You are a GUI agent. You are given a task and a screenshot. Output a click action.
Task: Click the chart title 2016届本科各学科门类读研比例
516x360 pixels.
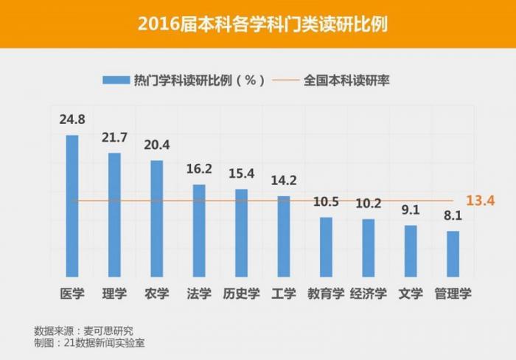[x=258, y=24]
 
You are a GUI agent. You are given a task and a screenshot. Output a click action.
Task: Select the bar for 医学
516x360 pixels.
[x=72, y=207]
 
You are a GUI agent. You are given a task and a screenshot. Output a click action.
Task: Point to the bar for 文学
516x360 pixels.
[x=411, y=252]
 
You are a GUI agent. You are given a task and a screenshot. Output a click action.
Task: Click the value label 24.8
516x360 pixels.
[x=72, y=119]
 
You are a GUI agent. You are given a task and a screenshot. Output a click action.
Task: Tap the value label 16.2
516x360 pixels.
[x=199, y=169]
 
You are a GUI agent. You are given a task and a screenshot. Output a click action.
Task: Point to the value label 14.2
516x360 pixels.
[x=284, y=181]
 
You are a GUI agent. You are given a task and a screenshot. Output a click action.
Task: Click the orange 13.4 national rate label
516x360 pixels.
[x=479, y=201]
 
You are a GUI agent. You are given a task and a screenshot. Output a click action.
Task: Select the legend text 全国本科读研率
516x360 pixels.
[x=346, y=80]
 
